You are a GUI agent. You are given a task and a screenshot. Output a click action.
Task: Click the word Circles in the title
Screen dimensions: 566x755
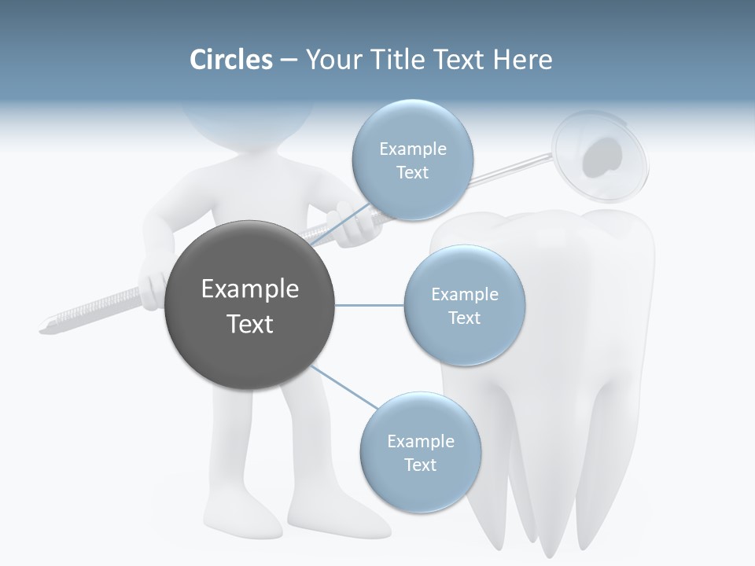(x=230, y=60)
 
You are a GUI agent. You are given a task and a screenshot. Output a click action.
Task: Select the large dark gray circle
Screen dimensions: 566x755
(x=250, y=306)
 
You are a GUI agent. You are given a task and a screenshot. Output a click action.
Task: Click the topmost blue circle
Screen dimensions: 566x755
(x=412, y=160)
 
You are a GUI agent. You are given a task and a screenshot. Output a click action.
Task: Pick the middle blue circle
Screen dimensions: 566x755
(x=464, y=305)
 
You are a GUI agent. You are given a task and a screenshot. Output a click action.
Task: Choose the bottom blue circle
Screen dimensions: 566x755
(x=420, y=452)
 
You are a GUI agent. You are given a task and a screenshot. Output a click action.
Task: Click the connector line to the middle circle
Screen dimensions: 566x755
(x=370, y=305)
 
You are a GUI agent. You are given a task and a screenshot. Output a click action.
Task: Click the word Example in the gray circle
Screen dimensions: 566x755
(x=250, y=289)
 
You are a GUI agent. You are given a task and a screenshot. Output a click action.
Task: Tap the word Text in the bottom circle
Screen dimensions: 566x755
(x=420, y=465)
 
